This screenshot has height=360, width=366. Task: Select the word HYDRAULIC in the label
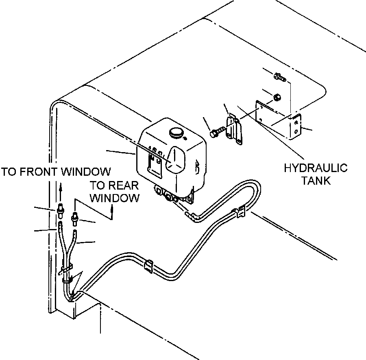click(x=316, y=168)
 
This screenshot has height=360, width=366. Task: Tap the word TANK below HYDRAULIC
click(x=316, y=180)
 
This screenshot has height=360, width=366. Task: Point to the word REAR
click(x=124, y=186)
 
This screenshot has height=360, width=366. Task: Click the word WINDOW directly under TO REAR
click(x=114, y=199)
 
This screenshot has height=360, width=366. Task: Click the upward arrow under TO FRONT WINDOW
click(x=61, y=188)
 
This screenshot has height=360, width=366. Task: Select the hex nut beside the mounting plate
click(x=277, y=97)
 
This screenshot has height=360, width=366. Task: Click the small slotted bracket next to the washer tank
click(x=234, y=129)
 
